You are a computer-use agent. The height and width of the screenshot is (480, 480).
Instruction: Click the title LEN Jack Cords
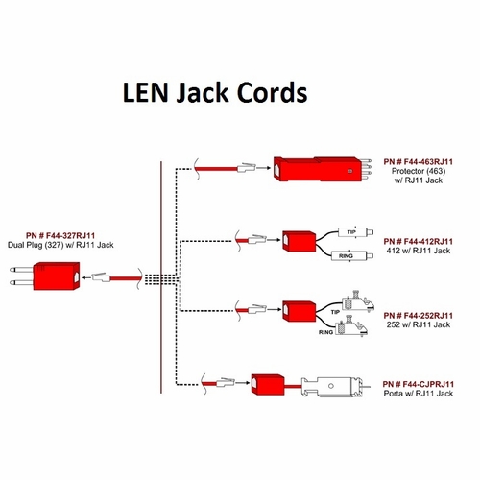pyautogui.click(x=214, y=93)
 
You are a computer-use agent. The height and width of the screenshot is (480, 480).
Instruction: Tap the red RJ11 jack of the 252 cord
pyautogui.click(x=299, y=311)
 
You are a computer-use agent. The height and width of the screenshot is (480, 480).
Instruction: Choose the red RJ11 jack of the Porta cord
pyautogui.click(x=268, y=386)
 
